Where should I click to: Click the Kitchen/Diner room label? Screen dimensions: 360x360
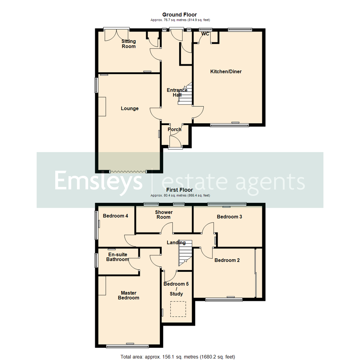(226, 72)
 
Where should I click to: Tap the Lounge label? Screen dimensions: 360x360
(129, 108)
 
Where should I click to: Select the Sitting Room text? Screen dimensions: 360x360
(128, 44)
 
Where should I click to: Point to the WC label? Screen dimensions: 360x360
(205, 34)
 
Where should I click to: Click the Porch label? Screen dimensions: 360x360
(174, 130)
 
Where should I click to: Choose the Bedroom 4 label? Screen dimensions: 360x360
(115, 216)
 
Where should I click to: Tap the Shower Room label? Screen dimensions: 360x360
(164, 215)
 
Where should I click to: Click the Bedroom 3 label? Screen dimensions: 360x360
(229, 217)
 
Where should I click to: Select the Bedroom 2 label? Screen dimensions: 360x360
(227, 260)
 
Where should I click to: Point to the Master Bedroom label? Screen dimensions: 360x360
(128, 295)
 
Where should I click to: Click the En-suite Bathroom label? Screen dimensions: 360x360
(117, 257)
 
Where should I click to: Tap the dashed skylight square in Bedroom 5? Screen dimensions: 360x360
(178, 309)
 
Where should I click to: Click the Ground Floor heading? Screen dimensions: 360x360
(179, 14)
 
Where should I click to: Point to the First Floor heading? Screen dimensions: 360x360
(180, 190)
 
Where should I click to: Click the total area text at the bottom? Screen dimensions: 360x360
(178, 357)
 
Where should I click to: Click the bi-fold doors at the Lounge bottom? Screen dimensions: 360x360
(129, 172)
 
